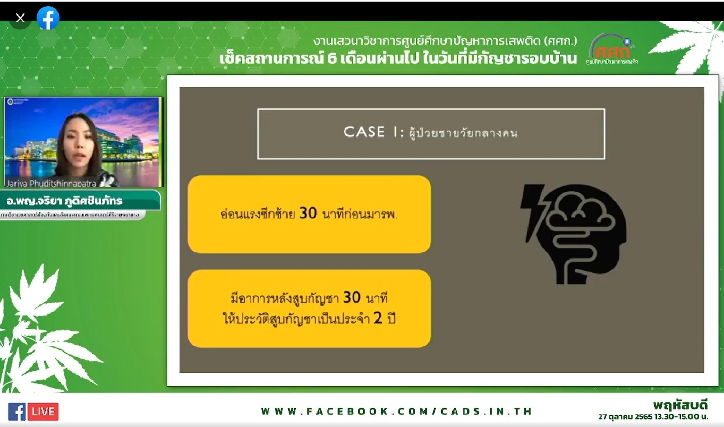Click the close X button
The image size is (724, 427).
coord(20,19)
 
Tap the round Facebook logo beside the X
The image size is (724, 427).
coord(48,19)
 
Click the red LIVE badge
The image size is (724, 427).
coord(43,411)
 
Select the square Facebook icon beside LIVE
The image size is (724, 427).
coord(17,411)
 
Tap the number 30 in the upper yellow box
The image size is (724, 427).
coord(308,213)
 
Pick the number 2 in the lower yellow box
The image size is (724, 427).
coord(378,317)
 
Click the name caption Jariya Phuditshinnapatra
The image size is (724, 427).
coord(51,183)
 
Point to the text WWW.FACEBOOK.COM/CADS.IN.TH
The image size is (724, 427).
coord(396,411)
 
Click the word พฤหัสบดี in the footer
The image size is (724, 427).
coord(680,404)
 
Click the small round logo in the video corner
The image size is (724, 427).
coord(10,102)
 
